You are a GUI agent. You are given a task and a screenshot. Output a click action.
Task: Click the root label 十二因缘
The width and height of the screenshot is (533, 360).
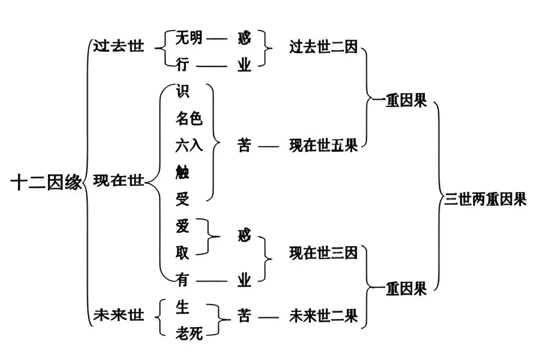coord(46,183)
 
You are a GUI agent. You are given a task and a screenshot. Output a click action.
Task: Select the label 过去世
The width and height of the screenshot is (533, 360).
coord(118,46)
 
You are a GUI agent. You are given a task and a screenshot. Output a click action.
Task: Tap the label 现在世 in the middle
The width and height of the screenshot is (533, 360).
coord(118,181)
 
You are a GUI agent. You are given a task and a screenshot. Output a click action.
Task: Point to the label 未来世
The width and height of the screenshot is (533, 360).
coord(118,315)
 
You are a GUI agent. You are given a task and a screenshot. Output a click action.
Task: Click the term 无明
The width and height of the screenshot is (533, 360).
coord(189,37)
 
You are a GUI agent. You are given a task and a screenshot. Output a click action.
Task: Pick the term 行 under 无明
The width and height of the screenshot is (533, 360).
coord(182,64)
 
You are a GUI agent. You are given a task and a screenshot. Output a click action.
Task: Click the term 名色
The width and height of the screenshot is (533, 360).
coord(189,118)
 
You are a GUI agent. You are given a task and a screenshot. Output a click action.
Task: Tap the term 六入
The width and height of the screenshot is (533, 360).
coord(189,146)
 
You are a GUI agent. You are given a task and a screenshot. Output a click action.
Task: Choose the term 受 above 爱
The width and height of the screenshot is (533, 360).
coord(182,199)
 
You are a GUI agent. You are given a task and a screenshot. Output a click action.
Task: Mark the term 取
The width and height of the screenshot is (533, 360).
coord(182,253)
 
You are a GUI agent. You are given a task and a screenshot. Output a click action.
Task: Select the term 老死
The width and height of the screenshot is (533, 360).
coord(189,333)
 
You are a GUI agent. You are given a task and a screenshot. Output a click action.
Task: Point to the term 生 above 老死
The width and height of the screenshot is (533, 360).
coord(182,307)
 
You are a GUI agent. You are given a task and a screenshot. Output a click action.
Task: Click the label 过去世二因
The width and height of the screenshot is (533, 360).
coord(323,47)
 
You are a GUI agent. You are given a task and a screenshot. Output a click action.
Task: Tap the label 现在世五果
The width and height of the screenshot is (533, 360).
coord(323,146)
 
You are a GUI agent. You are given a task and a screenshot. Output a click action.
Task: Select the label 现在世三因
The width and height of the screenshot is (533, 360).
coord(323,253)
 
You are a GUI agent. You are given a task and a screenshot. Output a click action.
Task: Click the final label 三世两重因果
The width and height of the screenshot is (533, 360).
coord(485,200)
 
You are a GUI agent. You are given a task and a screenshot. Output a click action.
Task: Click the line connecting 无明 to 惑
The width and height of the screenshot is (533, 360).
coord(216,39)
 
